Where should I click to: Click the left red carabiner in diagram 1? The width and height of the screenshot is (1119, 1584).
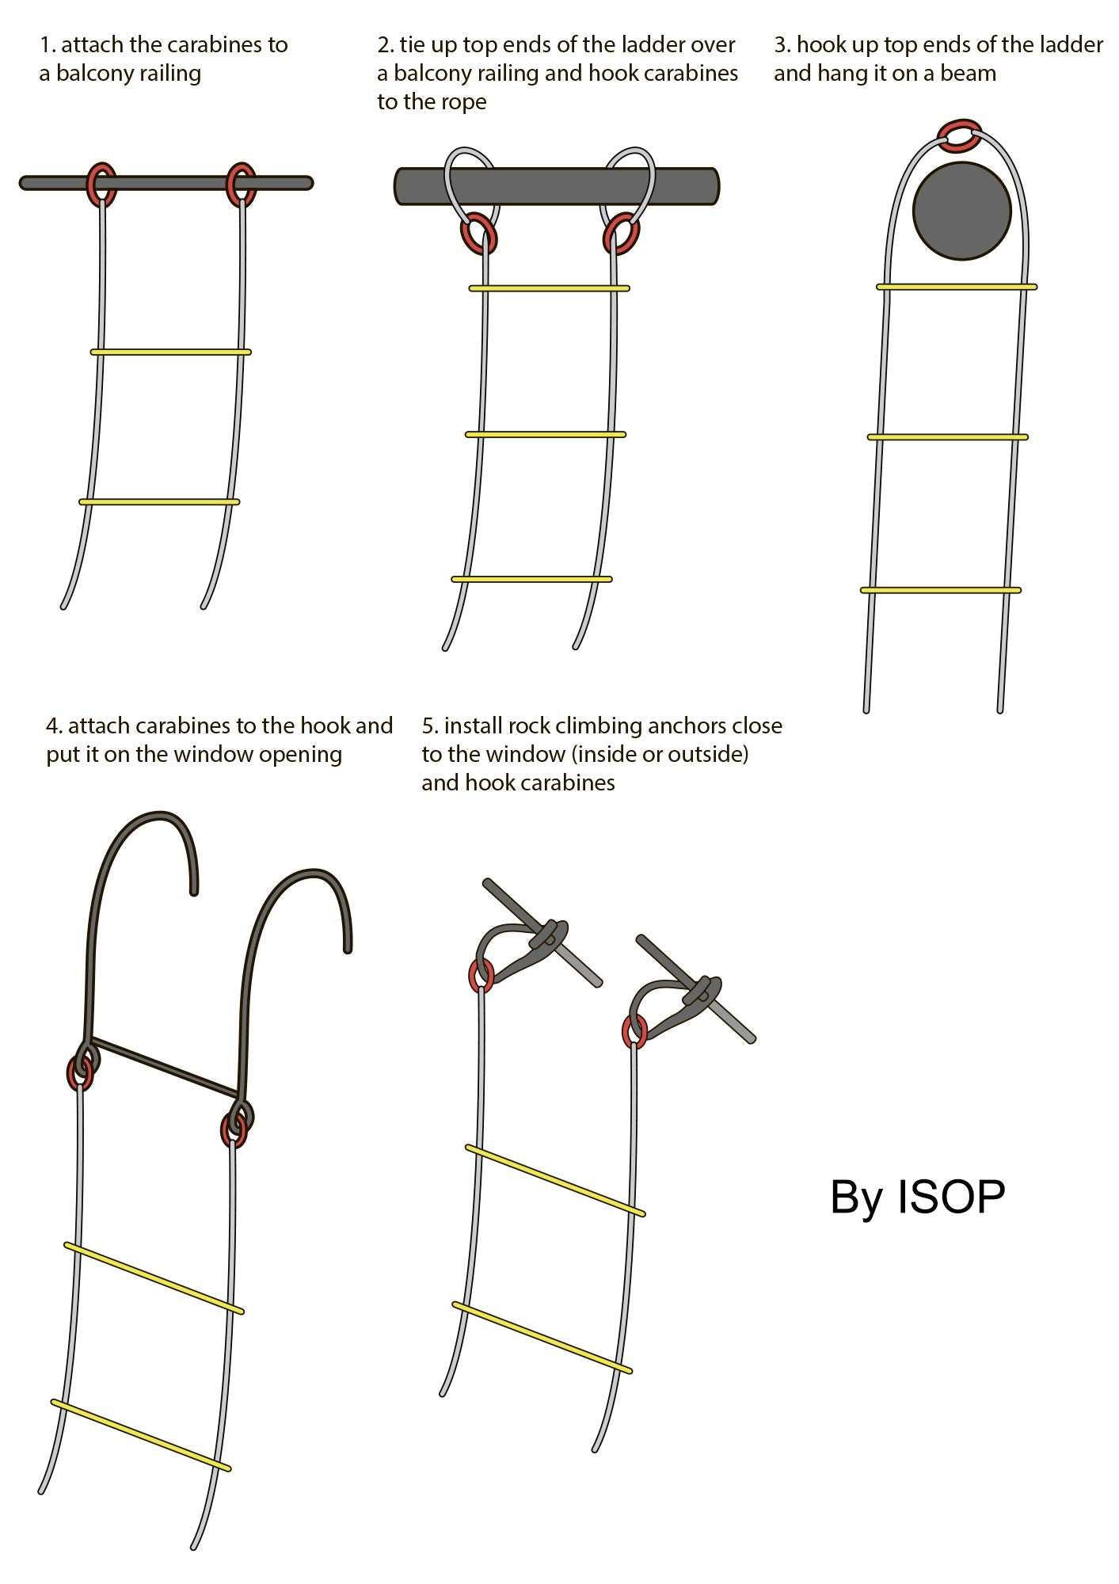tap(101, 184)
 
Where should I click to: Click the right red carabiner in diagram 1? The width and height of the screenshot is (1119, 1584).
tap(241, 184)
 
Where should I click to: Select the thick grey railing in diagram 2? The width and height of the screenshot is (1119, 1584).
tap(554, 186)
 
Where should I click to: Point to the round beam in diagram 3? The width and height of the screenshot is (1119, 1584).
tap(961, 211)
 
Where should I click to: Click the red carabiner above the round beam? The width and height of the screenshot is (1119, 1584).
tap(960, 135)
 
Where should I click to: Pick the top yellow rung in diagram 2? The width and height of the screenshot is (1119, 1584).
tap(549, 288)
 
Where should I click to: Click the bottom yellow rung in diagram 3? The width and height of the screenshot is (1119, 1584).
tap(940, 590)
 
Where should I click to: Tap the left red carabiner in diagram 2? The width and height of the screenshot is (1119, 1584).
tap(479, 234)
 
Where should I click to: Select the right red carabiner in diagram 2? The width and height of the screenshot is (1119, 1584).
tap(622, 234)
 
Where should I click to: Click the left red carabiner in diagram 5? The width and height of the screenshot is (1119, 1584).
tap(481, 975)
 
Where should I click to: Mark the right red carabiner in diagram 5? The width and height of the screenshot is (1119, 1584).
tap(634, 1031)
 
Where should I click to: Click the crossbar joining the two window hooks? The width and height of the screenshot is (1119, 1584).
tap(165, 1066)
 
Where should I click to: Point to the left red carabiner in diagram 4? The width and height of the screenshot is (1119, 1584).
tap(80, 1073)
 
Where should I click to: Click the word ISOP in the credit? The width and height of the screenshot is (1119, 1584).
tap(950, 1197)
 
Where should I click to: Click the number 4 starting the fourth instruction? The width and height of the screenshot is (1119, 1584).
tap(51, 725)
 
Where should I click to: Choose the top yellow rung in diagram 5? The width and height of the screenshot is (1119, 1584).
tap(555, 1179)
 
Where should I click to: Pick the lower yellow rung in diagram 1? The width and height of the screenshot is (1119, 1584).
tap(159, 501)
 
